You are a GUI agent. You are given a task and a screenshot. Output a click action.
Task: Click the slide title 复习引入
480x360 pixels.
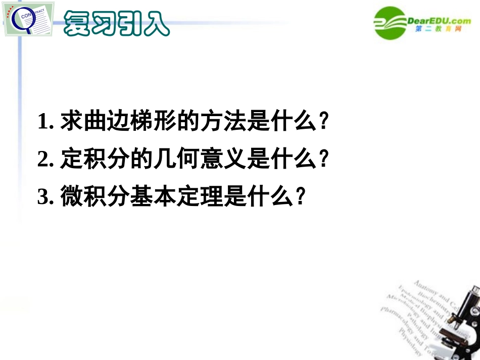coord(116,22)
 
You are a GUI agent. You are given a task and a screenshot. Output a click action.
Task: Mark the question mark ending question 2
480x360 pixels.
coord(325,160)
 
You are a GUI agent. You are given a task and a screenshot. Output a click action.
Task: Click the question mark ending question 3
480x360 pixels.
coord(300,196)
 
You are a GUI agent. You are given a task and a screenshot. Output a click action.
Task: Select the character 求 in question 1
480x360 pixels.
coord(70,123)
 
